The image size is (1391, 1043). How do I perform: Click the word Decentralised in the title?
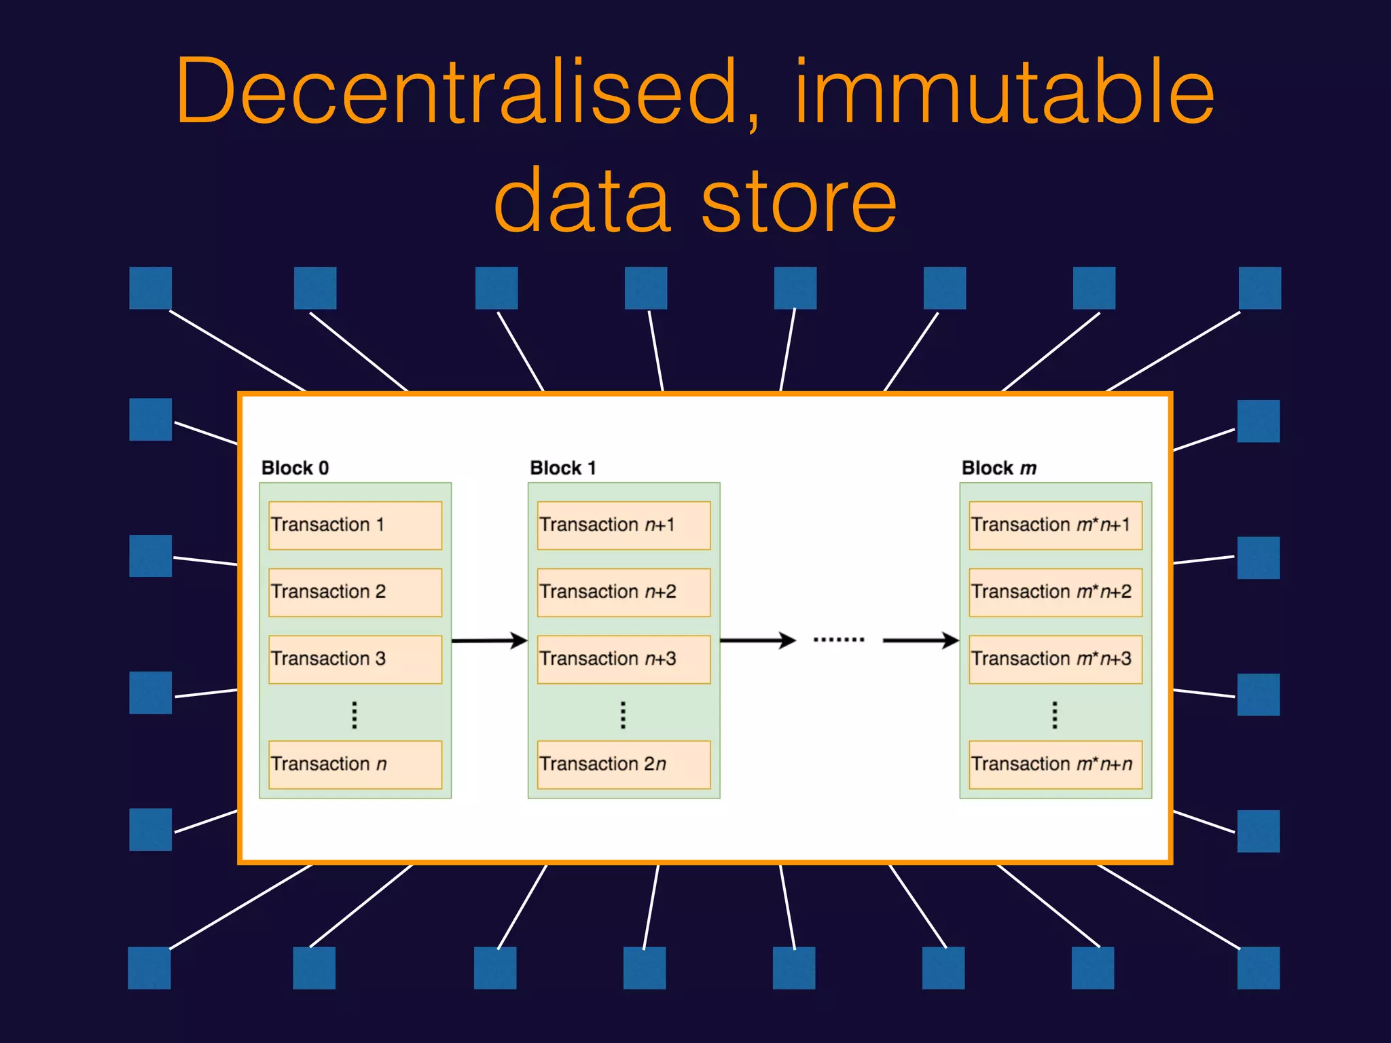(x=456, y=92)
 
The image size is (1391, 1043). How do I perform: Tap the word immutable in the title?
(x=1004, y=92)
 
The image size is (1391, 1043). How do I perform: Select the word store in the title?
(x=799, y=201)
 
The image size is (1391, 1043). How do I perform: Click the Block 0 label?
(x=295, y=468)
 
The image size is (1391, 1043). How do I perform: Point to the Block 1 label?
(x=562, y=468)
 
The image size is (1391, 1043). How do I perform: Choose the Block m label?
(x=998, y=468)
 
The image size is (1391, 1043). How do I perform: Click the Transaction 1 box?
(x=355, y=525)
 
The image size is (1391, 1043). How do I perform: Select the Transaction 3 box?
(x=355, y=659)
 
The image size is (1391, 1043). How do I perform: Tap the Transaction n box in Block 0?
(x=355, y=764)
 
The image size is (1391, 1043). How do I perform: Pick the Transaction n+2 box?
(x=624, y=592)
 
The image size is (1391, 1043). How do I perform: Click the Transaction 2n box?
(x=624, y=764)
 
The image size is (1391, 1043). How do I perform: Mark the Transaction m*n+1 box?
(x=1055, y=525)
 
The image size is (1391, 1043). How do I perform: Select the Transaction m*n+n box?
(x=1055, y=764)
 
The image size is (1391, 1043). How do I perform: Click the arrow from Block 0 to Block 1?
(x=489, y=640)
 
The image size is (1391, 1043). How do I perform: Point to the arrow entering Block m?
(x=920, y=640)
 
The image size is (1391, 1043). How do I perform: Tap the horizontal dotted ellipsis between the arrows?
(x=839, y=640)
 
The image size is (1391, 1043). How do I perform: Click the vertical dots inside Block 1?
(x=623, y=715)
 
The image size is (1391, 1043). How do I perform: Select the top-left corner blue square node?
(x=150, y=288)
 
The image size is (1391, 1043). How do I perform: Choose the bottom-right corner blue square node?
(x=1258, y=968)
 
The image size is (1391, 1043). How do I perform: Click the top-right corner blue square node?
(x=1259, y=288)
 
